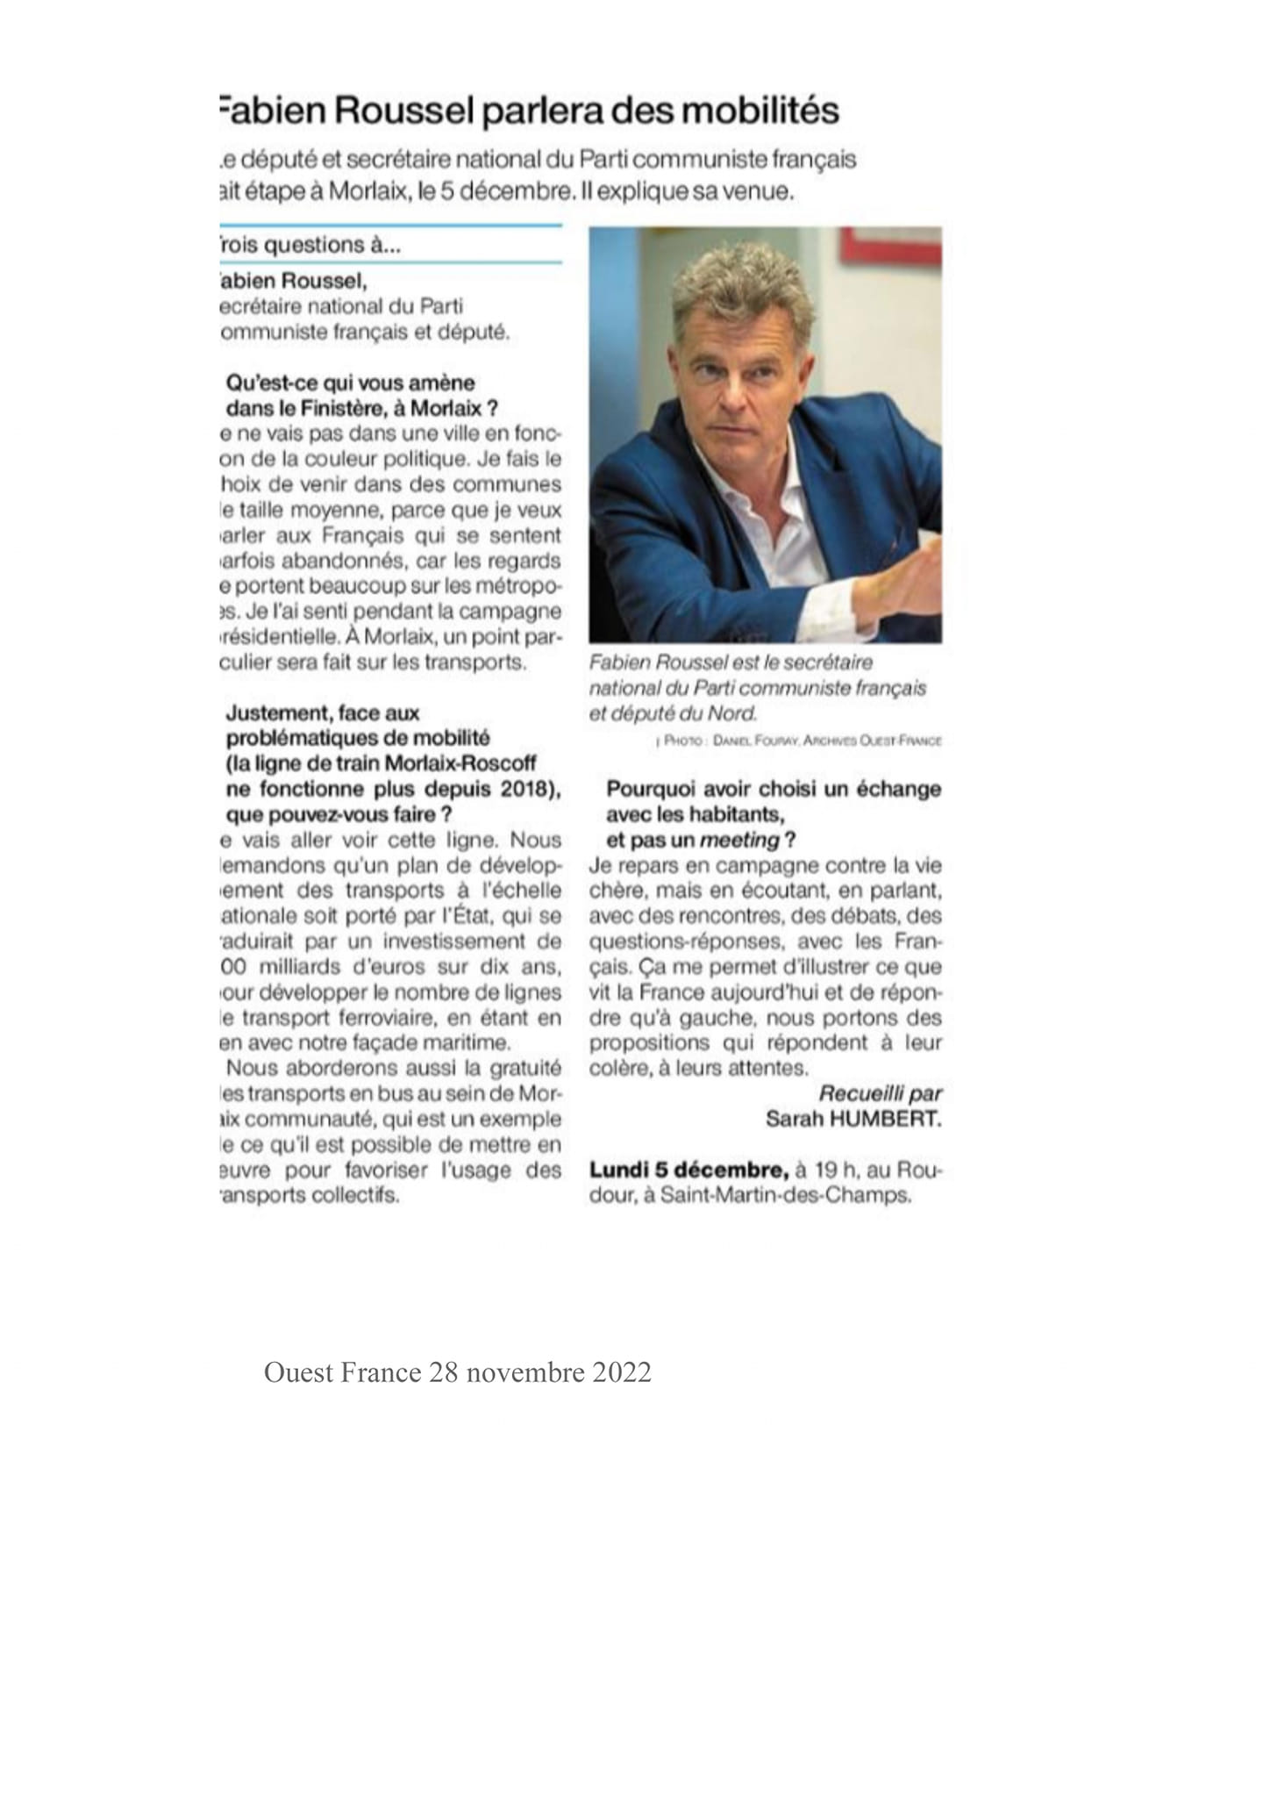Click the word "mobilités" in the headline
click(760, 111)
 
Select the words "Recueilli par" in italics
click(880, 1094)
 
